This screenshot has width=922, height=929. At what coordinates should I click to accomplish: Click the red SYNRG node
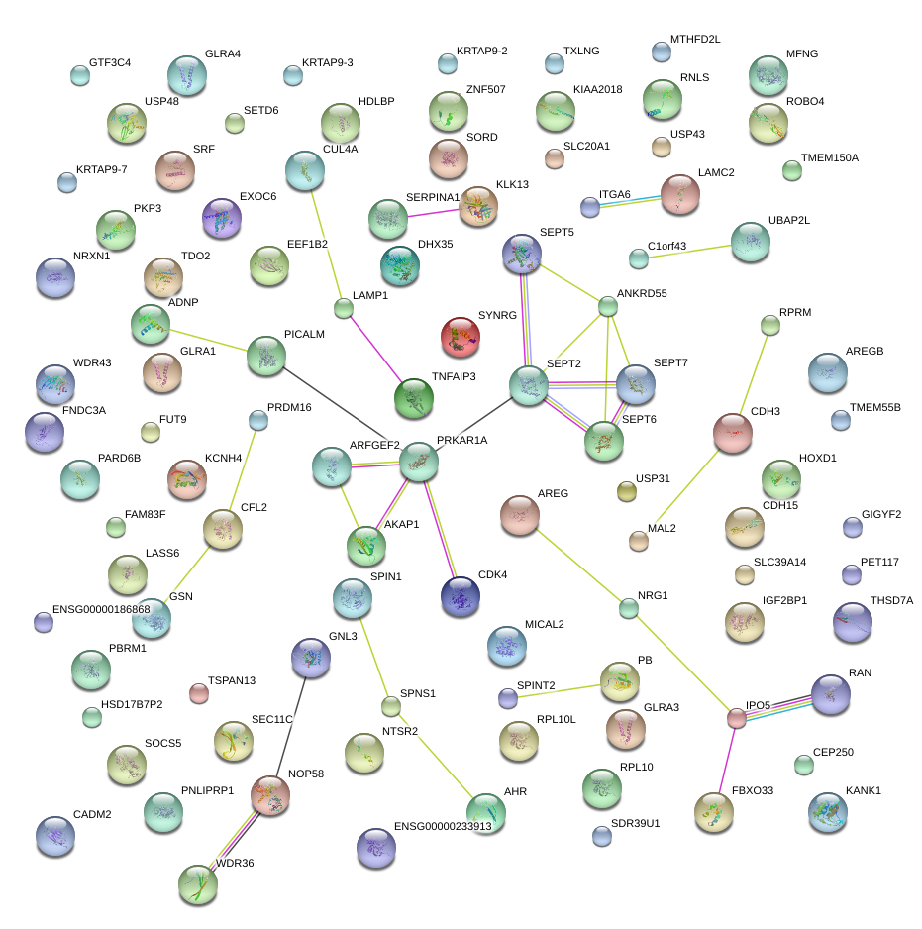coord(460,337)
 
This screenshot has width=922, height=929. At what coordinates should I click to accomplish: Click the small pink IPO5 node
coord(737,718)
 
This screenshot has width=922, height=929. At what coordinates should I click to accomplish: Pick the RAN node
coord(830,694)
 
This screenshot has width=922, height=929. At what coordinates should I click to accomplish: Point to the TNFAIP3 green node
coord(413,399)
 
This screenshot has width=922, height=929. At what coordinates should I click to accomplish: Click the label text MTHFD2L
coord(695,39)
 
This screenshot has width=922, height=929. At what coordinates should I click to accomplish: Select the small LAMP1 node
coord(343,308)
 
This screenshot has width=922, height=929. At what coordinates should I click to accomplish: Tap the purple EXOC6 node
coord(220,218)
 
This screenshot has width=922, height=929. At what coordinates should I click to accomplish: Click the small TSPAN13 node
coord(199,693)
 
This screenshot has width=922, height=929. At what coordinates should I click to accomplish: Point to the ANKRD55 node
coord(608,307)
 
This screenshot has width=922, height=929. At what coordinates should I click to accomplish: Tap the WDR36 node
coord(198,883)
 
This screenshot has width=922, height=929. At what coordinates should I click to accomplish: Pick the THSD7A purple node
coord(852,622)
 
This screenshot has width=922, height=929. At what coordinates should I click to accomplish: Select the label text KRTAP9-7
coord(102,169)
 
